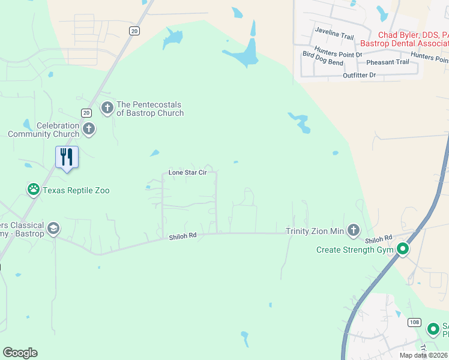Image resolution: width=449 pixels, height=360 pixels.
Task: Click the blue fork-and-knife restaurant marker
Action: click(x=67, y=158)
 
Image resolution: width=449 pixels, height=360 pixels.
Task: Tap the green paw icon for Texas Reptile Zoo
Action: click(x=34, y=190)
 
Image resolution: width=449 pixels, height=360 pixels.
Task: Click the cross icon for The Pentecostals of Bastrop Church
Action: click(x=107, y=109)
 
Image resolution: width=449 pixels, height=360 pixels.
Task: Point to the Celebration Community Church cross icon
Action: click(x=89, y=128)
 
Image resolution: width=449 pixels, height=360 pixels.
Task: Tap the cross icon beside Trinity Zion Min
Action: click(x=354, y=230)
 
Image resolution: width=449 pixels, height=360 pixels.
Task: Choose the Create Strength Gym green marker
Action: click(x=403, y=249)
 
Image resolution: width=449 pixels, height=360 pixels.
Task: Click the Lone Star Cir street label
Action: click(x=187, y=172)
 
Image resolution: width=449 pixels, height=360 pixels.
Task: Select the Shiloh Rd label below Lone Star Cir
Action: click(x=184, y=237)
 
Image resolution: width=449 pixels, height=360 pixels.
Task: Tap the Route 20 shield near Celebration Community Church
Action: click(x=86, y=113)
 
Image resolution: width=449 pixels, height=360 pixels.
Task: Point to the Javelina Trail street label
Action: click(x=334, y=36)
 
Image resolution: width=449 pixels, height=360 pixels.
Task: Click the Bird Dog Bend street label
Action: click(x=323, y=62)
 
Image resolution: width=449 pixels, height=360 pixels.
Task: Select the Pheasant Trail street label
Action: click(x=387, y=62)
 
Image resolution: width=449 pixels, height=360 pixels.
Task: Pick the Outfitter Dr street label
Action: click(x=359, y=75)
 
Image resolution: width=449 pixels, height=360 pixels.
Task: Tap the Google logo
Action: click(x=20, y=353)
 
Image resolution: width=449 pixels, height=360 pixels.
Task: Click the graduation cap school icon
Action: click(x=53, y=229)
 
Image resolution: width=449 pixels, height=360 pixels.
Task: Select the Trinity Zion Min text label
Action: click(x=315, y=230)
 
